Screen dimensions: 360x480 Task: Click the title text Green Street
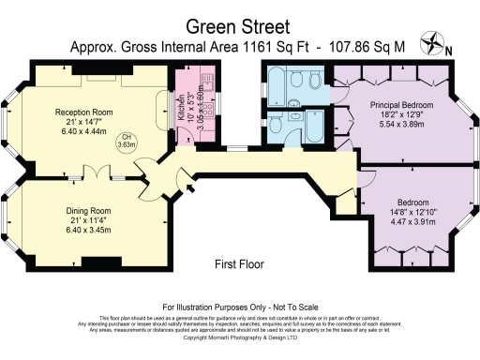pyautogui.click(x=239, y=25)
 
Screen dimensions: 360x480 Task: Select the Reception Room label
pyautogui.click(x=85, y=111)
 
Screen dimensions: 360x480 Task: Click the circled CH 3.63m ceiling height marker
pyautogui.click(x=129, y=143)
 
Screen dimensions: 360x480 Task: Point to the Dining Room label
pyautogui.click(x=88, y=211)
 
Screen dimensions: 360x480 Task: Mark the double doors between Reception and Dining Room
pyautogui.click(x=97, y=173)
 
